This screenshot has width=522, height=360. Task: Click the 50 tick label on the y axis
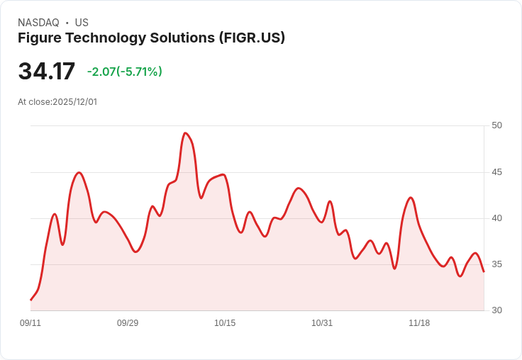496,125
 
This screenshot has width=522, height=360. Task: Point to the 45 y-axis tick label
496,172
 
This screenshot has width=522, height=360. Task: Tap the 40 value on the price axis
496,218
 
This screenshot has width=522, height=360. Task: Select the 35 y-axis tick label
496,264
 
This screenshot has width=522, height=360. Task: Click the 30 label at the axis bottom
496,310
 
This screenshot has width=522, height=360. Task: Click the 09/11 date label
30,323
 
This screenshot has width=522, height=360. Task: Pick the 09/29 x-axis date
128,323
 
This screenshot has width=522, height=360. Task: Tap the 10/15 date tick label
225,323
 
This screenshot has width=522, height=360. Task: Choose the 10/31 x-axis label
322,323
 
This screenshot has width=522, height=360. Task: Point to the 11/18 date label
419,323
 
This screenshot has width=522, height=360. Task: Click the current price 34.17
46,72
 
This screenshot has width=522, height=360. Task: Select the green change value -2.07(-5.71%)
125,72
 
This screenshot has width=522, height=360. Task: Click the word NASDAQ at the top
38,23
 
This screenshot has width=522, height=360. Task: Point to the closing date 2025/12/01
74,102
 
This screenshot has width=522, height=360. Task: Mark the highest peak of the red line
185,133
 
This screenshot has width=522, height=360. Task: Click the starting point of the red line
30,300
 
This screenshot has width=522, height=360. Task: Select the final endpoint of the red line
484,271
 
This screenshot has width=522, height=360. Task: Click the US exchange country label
82,23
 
